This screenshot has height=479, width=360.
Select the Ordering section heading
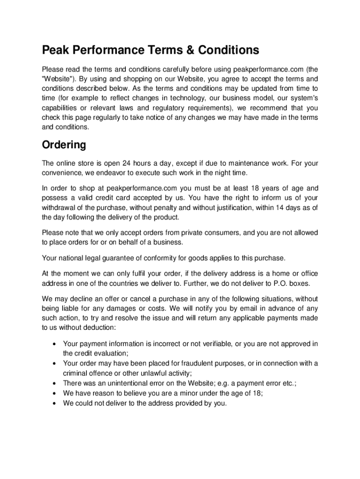pos(64,145)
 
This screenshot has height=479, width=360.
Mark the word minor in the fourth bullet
pos(184,393)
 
